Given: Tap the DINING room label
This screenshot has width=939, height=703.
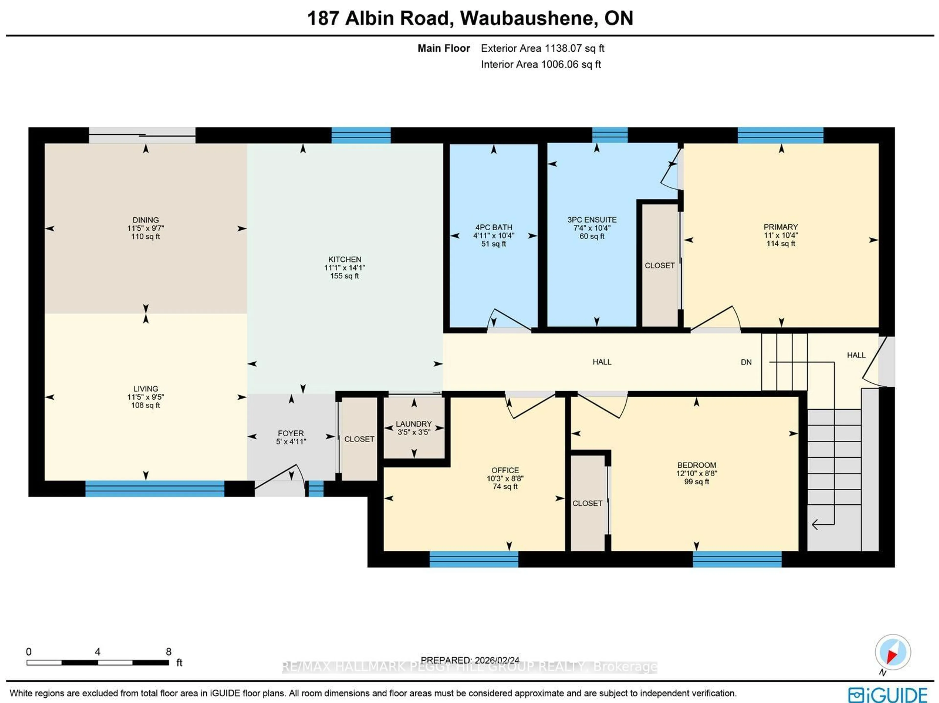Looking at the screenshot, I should pyautogui.click(x=145, y=220).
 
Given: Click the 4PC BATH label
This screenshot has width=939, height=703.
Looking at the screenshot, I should pyautogui.click(x=494, y=227).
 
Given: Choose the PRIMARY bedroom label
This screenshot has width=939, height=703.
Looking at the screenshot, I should pyautogui.click(x=780, y=227).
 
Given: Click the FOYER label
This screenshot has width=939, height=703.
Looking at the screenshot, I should pyautogui.click(x=291, y=433).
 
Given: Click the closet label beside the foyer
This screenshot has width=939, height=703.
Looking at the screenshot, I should pyautogui.click(x=359, y=439).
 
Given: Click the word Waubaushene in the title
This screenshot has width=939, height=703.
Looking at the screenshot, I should pyautogui.click(x=526, y=18).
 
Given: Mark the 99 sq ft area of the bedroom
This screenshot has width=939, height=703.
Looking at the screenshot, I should pyautogui.click(x=696, y=481).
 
